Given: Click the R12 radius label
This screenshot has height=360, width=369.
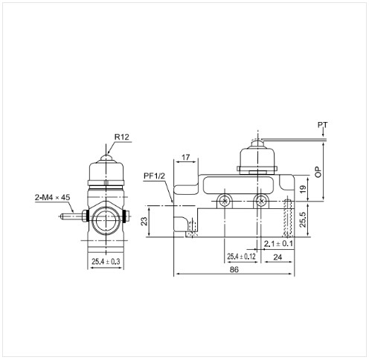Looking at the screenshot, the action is click(121, 137).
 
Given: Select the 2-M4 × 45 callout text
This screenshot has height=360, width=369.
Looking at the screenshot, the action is click(53, 197).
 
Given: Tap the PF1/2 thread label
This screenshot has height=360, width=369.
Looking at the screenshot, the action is click(154, 176).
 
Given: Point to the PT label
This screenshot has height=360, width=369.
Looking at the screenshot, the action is click(323, 125).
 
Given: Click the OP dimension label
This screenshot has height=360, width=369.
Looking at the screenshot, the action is click(318, 172).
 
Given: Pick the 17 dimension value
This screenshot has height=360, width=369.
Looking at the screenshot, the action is click(185, 157).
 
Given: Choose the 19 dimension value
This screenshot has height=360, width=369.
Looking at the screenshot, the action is click(303, 190).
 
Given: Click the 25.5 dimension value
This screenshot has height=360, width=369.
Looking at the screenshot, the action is click(303, 219).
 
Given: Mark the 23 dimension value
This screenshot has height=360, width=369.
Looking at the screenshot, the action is click(144, 221).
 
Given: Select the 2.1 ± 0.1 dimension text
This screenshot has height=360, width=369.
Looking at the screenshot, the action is click(278, 244).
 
